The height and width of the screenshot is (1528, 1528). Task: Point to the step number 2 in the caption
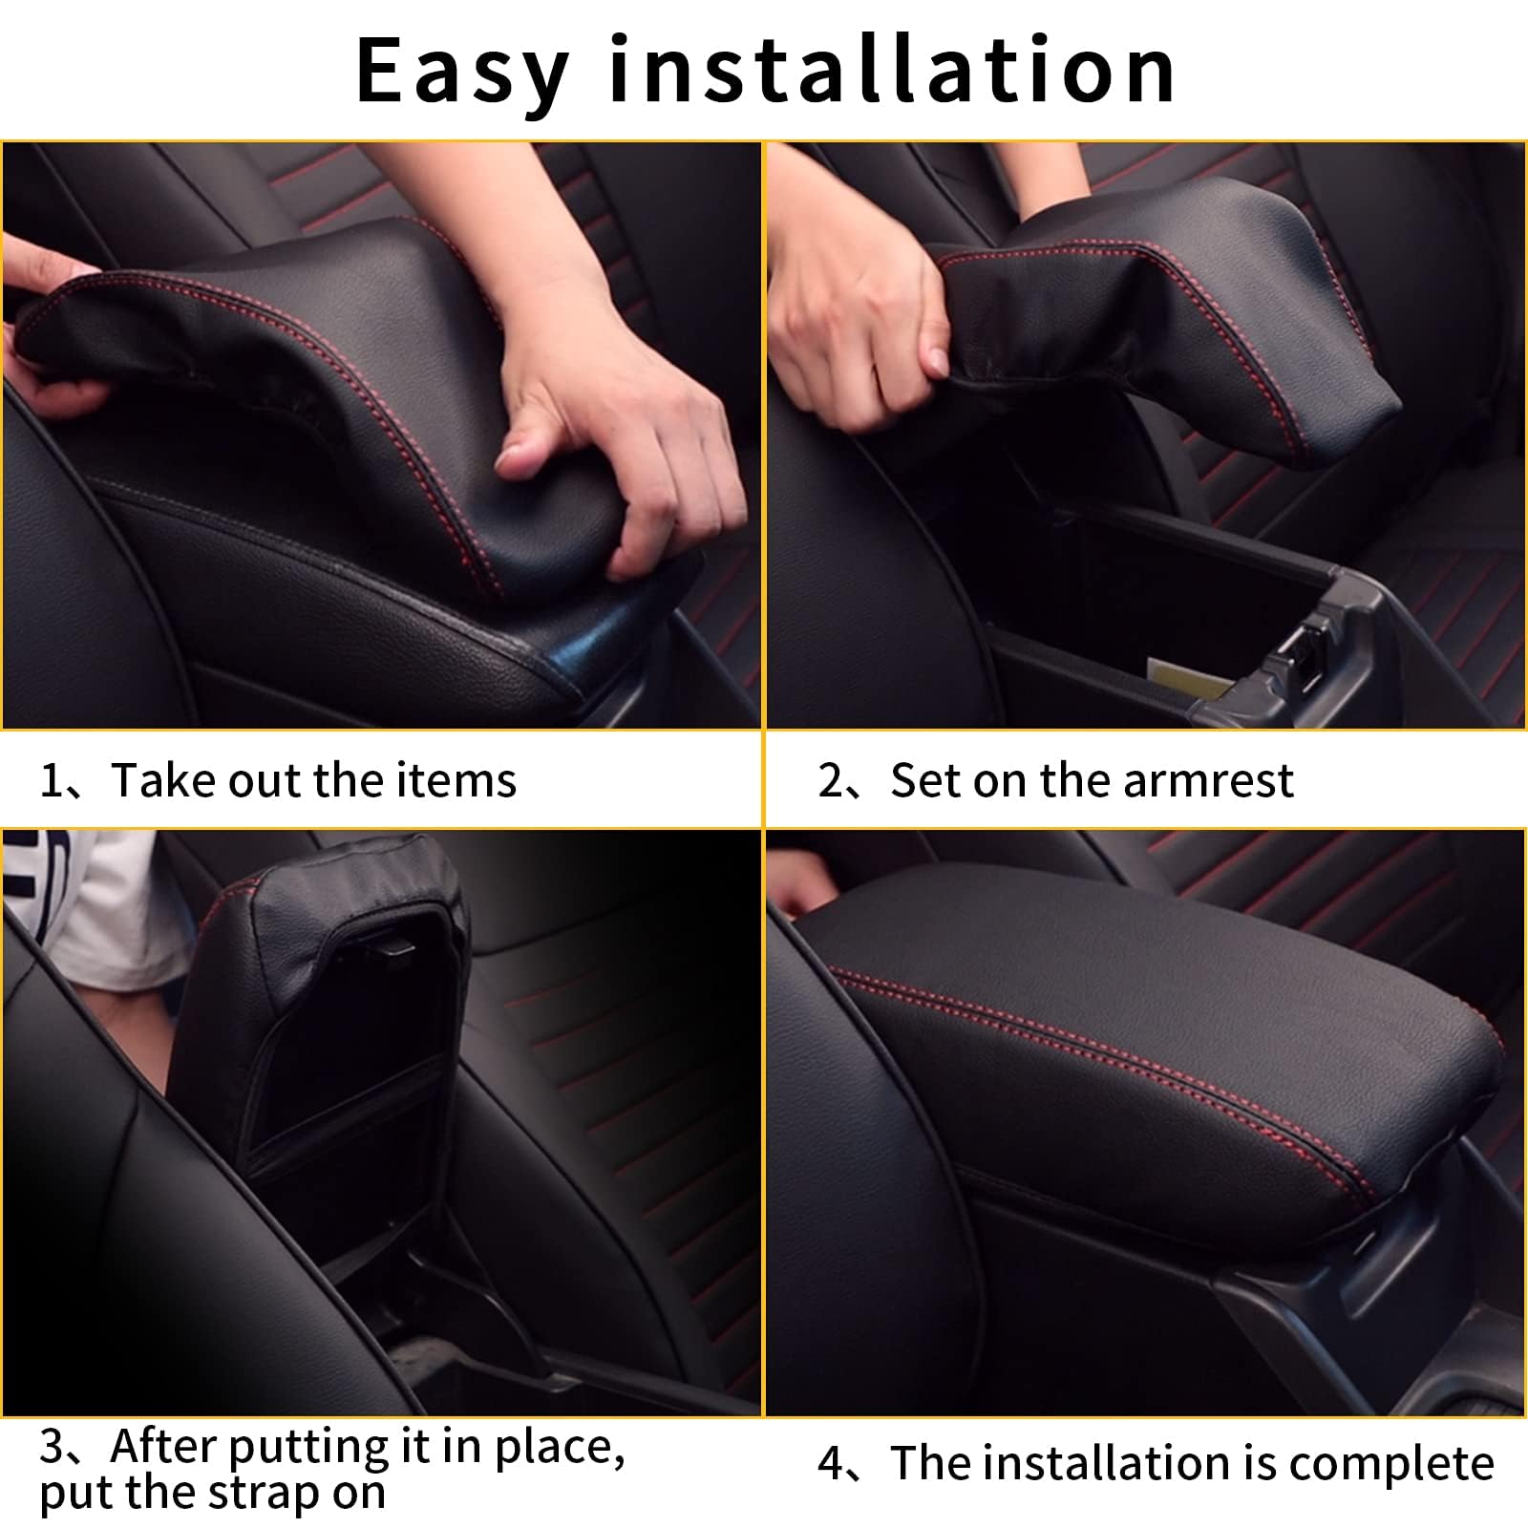coord(830,781)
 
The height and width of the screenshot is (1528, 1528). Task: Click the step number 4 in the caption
coord(830,1464)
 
